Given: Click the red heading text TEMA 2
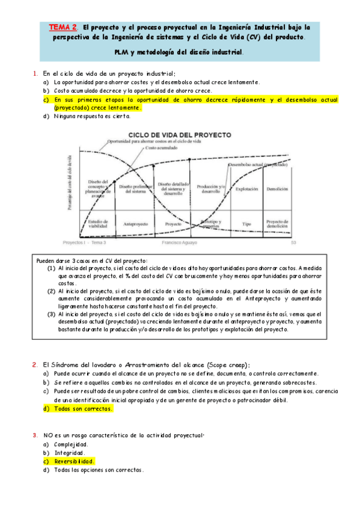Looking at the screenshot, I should click(x=63, y=27).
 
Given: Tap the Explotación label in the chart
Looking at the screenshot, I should click(x=246, y=189).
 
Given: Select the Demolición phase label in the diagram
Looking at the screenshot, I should click(x=277, y=189).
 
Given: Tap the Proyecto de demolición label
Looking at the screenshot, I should click(x=277, y=223).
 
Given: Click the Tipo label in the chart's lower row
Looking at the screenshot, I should click(x=246, y=223).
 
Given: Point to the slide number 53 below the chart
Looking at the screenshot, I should click(x=293, y=243).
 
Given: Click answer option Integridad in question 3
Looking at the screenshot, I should click(x=70, y=453).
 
